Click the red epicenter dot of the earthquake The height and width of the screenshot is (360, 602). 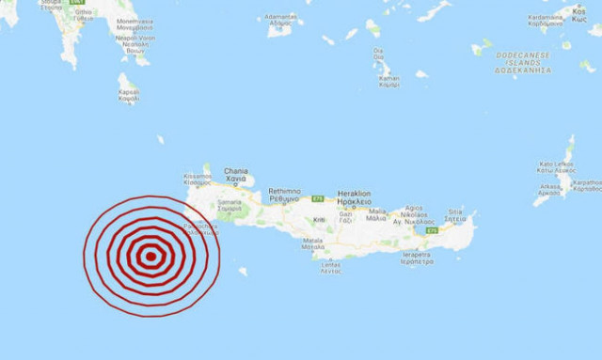click(151, 255)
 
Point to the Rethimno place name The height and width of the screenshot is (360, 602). click(283, 195)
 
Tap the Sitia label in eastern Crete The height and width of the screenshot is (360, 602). click(456, 215)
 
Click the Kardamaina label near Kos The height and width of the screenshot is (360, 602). click(549, 20)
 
